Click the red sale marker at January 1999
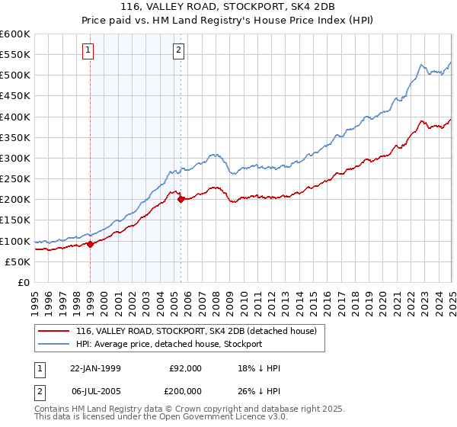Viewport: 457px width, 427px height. click(90, 244)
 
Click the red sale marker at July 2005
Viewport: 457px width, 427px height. click(181, 200)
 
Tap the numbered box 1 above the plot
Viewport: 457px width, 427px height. click(88, 51)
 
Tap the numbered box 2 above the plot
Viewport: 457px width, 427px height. click(178, 51)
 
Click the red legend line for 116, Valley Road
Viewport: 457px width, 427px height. click(54, 330)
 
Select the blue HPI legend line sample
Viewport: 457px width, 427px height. click(54, 344)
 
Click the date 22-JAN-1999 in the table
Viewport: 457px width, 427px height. click(95, 368)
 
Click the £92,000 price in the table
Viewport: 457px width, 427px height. click(185, 368)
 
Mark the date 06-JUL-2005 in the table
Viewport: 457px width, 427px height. click(95, 393)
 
